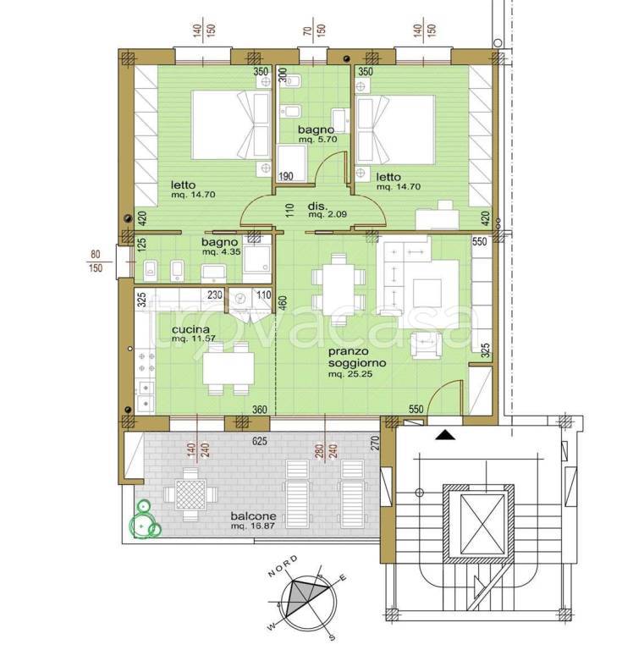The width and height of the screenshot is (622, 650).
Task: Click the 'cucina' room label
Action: point(190,329)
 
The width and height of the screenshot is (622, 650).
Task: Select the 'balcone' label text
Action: point(253,516)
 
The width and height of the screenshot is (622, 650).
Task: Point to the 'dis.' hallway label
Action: point(318,206)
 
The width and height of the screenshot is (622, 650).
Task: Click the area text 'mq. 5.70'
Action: point(318,140)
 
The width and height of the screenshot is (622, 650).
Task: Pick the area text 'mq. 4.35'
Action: point(221,251)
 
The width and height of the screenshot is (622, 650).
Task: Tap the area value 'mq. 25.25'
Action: point(350,374)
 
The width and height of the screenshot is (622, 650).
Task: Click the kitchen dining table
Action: point(228,368)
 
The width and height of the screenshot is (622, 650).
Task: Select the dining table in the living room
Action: point(339,284)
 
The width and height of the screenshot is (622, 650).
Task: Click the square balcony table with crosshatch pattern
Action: point(190,494)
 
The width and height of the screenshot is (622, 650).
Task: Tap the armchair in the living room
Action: point(426,345)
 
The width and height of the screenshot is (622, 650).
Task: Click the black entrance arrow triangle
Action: point(445,435)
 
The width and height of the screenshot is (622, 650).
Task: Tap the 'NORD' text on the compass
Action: point(283,566)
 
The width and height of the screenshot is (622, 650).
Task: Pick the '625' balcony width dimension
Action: point(260,441)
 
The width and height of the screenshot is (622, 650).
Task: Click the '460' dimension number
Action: point(283,304)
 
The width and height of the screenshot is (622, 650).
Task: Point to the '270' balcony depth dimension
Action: point(376,443)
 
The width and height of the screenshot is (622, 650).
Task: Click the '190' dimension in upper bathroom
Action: point(286,176)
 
